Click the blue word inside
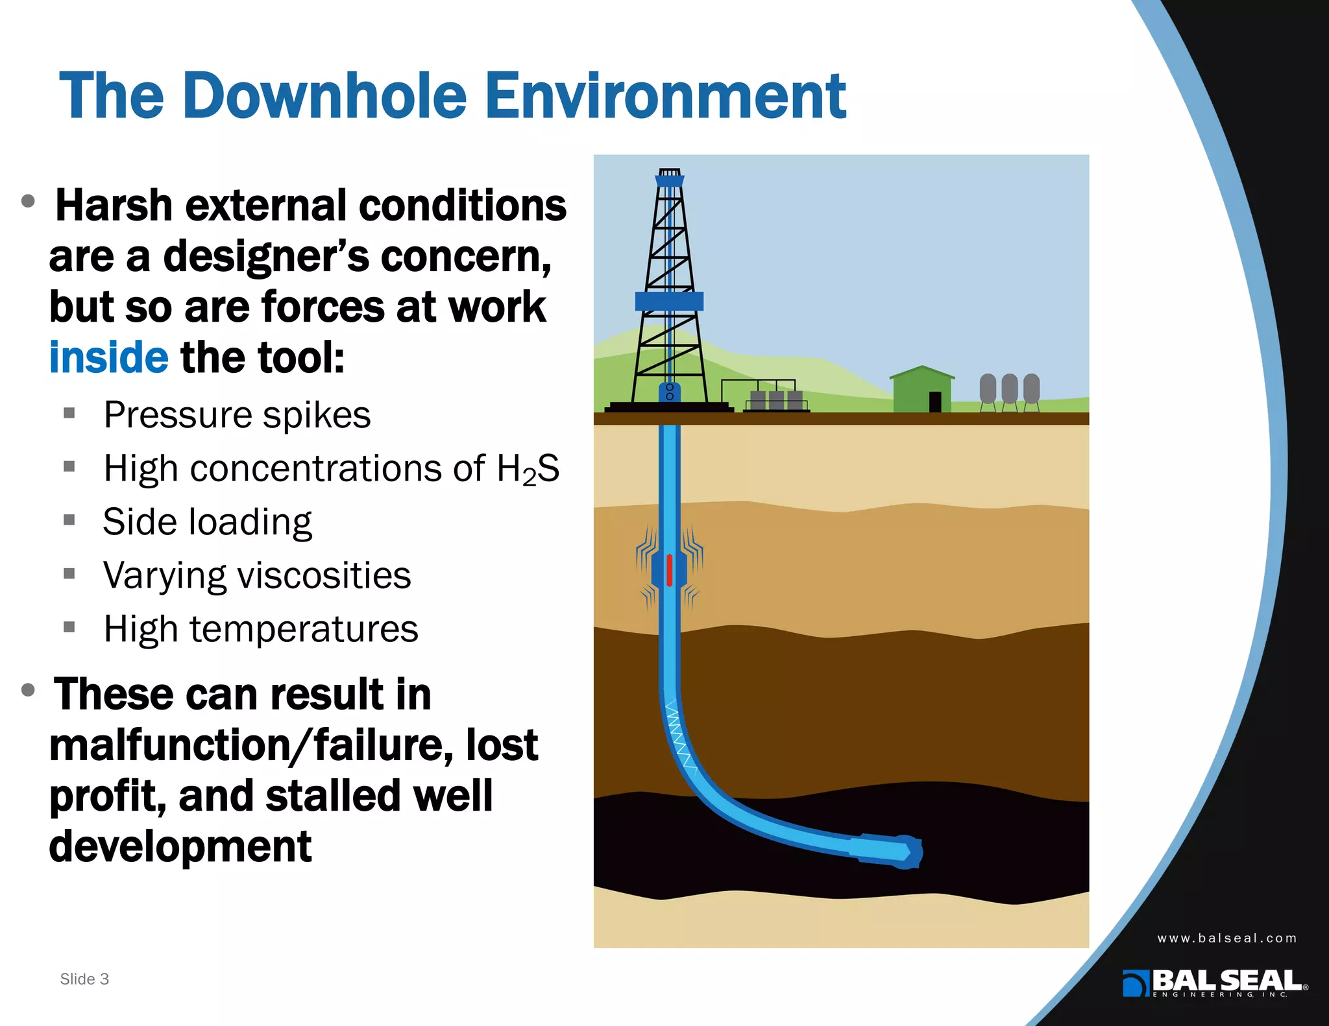(x=108, y=357)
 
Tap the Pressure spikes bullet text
(x=237, y=415)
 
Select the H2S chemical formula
(x=528, y=469)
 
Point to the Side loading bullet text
(x=207, y=522)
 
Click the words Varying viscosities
(x=257, y=575)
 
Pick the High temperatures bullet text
(x=261, y=629)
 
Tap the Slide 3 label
(x=84, y=979)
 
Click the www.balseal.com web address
(x=1226, y=938)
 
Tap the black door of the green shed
(x=935, y=401)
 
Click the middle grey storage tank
(x=1009, y=388)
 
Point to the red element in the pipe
(x=669, y=571)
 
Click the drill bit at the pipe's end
(x=908, y=852)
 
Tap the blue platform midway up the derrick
(x=669, y=301)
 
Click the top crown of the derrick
(x=670, y=177)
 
